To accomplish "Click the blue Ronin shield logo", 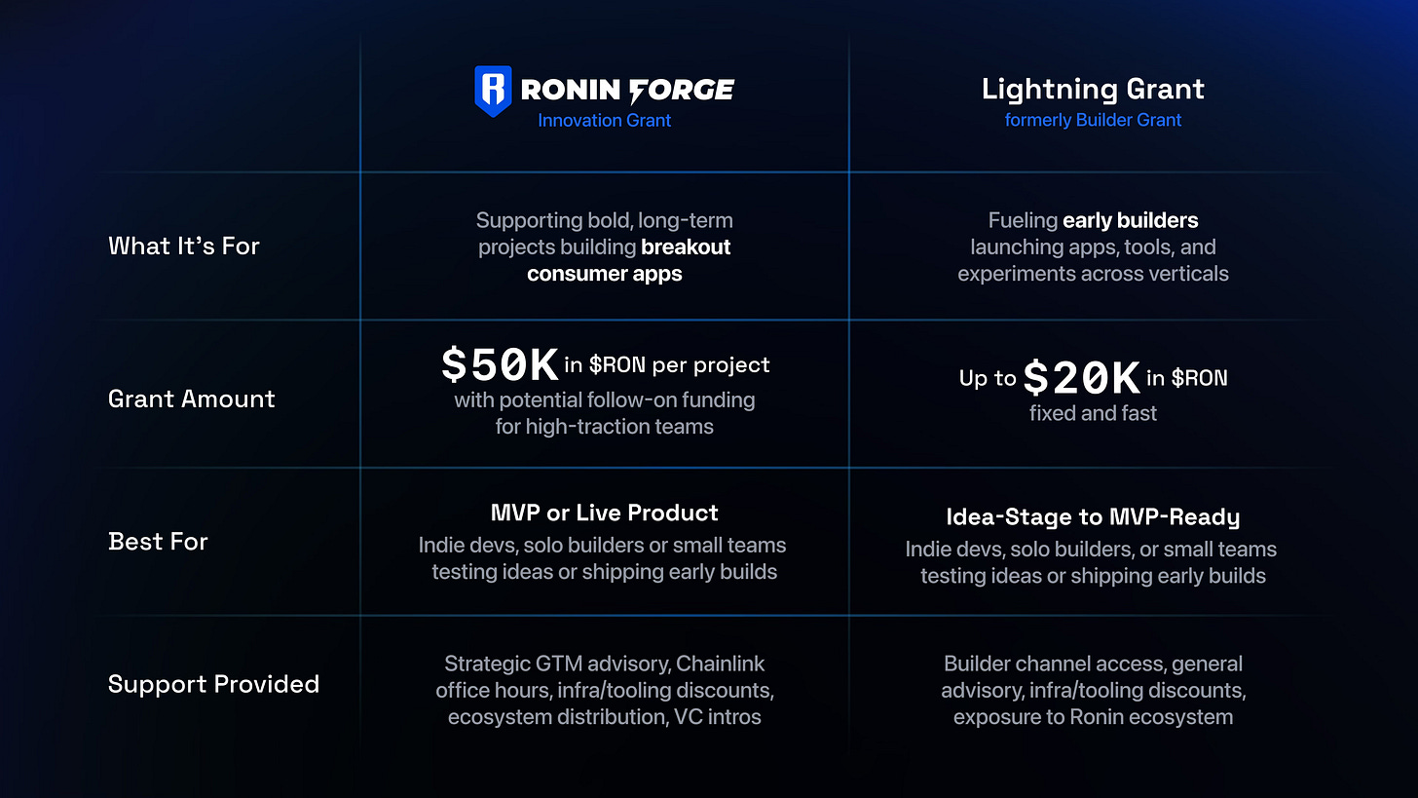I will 493,92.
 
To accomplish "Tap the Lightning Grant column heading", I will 1093,90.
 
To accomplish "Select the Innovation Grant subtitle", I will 605,121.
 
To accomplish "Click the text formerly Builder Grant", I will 1093,121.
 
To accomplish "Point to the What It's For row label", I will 184,247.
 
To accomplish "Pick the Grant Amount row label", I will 192,399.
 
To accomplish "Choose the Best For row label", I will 159,542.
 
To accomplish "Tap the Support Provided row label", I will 213,684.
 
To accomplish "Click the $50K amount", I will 499,365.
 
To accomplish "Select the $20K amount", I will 1081,378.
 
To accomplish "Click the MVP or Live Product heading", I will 604,513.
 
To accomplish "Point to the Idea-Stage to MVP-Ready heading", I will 1093,517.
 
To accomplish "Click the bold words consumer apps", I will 605,274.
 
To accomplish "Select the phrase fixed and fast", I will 1093,413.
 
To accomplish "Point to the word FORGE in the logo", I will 682,91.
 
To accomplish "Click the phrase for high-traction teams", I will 604,427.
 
